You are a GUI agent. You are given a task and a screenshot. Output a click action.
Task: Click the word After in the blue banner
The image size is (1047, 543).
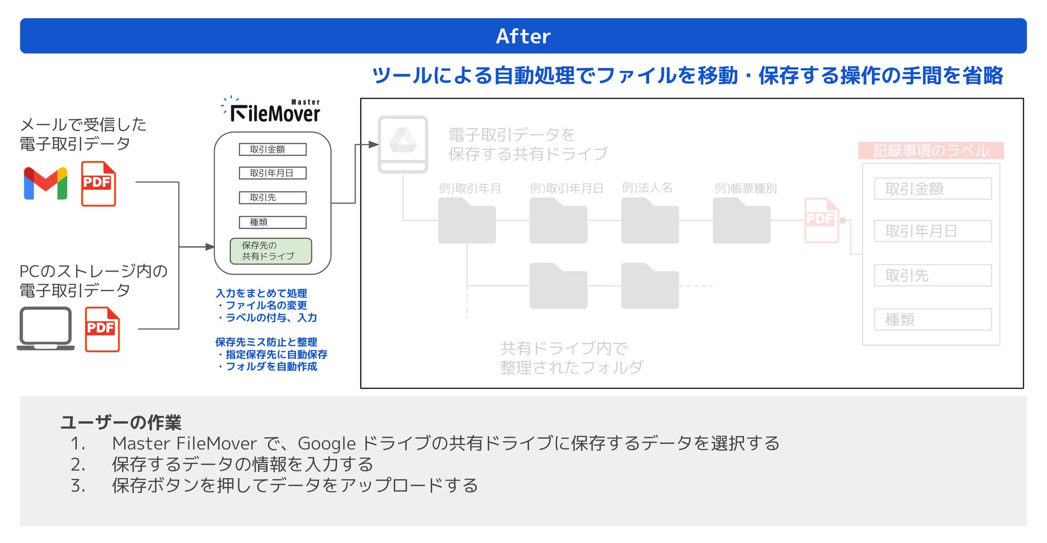coord(523,36)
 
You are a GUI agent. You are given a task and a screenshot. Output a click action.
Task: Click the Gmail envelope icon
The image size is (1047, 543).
coord(46,183)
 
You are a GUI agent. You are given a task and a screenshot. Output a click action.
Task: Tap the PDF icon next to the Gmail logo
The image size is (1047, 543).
coord(98,184)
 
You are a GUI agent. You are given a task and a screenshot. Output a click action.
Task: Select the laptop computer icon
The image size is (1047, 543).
coord(46,328)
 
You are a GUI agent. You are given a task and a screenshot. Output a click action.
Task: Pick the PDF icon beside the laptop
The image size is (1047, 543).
coord(102,329)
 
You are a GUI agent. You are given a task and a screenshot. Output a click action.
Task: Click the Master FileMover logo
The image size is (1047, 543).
coord(273,111)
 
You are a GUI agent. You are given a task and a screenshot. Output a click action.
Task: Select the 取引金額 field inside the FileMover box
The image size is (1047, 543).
coord(272,149)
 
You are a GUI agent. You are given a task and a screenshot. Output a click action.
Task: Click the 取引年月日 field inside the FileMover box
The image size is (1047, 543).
coord(272,173)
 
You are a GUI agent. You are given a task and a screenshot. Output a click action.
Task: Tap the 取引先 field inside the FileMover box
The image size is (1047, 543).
coord(272,197)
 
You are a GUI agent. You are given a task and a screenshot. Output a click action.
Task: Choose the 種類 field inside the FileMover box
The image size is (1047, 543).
coord(272,222)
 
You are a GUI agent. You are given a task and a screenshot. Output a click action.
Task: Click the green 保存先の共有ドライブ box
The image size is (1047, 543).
coord(271,251)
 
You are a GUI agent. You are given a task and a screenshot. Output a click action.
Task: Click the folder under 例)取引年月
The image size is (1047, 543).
coord(467,221)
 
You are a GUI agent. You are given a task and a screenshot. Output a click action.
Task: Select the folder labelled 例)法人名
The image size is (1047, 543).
coord(650,221)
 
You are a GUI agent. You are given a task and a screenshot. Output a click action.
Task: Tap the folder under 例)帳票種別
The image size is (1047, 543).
coord(741,221)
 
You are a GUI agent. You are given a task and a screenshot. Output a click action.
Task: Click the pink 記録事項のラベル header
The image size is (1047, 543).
coord(930,151)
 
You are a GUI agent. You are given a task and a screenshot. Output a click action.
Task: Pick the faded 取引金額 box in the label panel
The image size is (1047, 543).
coord(932,189)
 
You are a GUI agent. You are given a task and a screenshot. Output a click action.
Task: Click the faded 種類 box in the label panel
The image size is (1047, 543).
coord(932,320)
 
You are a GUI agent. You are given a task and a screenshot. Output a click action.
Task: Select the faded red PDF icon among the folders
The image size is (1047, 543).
coord(821,220)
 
